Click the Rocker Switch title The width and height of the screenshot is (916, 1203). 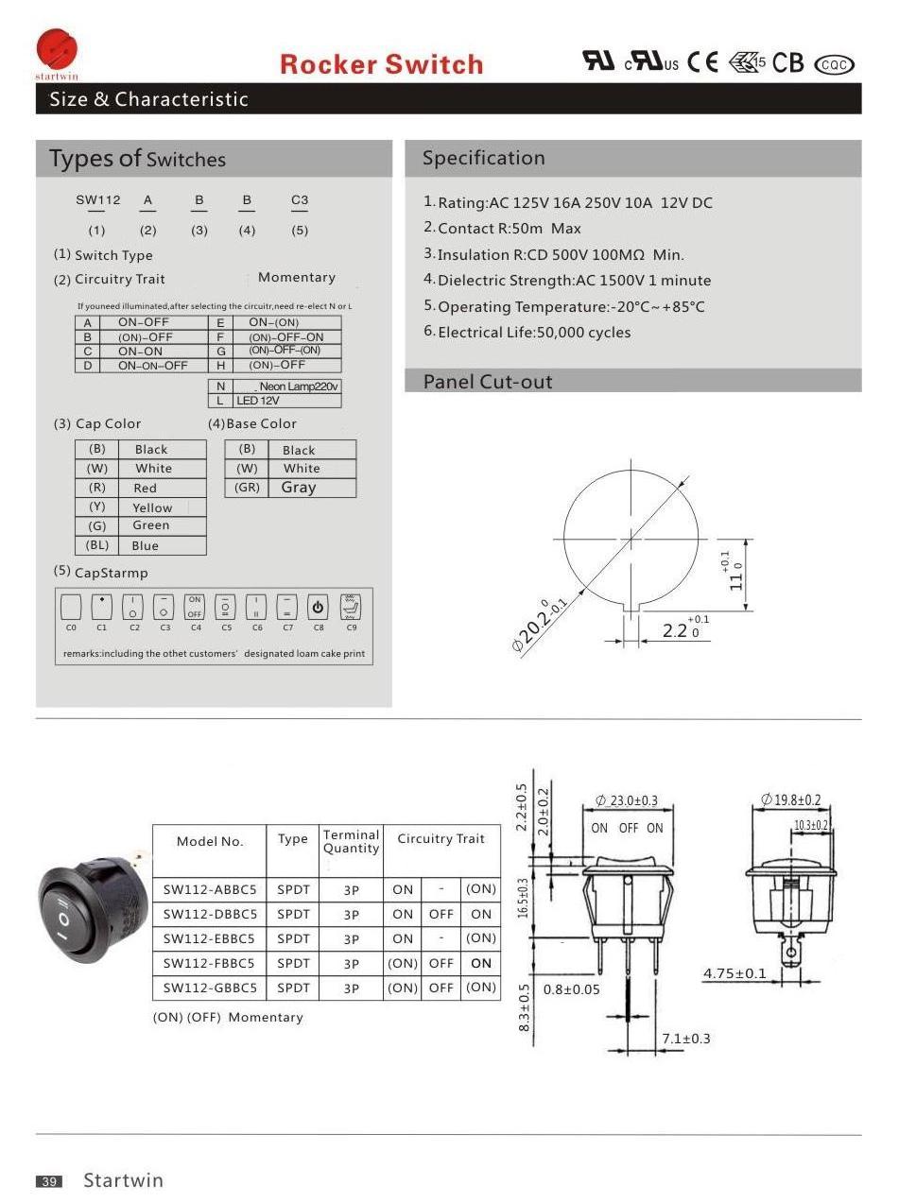coord(381,64)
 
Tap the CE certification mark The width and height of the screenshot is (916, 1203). coord(702,62)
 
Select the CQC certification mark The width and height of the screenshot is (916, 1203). coord(834,64)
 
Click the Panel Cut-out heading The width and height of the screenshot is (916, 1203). coord(487,382)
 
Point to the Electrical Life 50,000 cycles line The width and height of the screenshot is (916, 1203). coord(534,333)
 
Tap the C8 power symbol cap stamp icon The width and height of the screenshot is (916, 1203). coord(319,607)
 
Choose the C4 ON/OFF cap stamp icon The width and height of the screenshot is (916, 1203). coord(195,607)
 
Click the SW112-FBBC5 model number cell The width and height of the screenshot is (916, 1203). coord(209,963)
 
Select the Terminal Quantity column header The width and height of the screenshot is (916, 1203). coord(351,841)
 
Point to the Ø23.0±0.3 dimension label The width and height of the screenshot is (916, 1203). coord(627,801)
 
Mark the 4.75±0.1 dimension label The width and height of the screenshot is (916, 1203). coord(735,973)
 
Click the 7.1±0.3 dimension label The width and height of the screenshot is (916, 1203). coord(686,1039)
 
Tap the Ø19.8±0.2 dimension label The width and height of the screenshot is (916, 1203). coord(791,800)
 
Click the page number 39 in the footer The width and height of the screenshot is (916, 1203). coord(49,1181)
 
